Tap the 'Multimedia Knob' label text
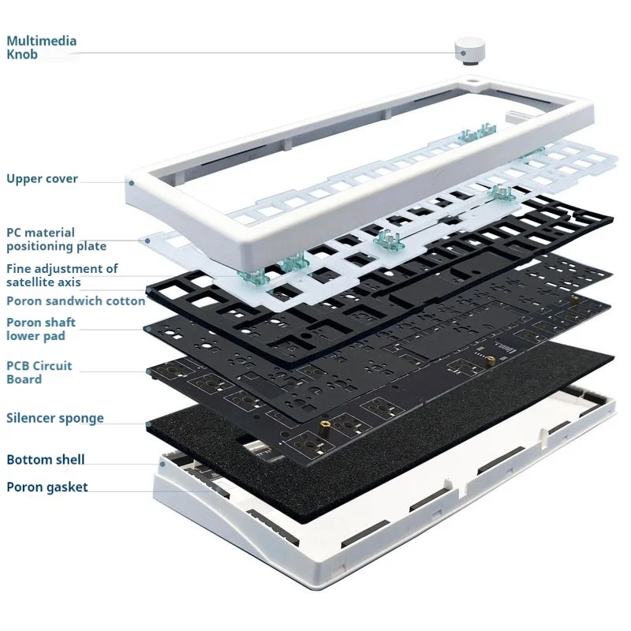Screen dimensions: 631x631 42,47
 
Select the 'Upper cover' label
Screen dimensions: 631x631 42,179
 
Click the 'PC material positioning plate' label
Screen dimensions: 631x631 56,239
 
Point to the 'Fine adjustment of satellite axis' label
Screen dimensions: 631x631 62,275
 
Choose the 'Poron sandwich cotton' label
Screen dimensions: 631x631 76,301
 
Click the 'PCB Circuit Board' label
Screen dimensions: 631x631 39,372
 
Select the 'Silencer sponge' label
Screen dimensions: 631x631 54,418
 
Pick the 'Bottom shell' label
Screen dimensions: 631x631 45,460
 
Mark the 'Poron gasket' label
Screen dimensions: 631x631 47,487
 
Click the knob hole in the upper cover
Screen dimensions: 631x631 472,81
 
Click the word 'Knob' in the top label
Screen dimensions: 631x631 22,54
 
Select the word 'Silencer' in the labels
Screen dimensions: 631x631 31,418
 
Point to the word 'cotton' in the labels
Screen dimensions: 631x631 125,301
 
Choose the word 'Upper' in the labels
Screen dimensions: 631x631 24,179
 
